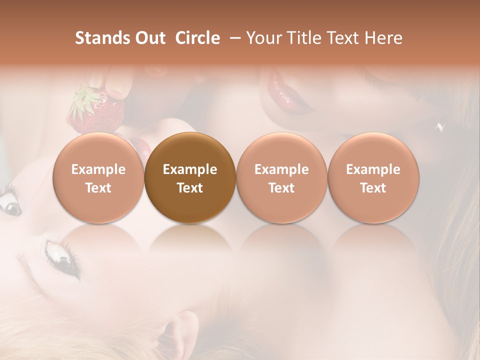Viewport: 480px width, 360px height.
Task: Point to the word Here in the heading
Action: [x=384, y=38]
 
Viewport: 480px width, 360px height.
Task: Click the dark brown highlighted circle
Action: [x=190, y=178]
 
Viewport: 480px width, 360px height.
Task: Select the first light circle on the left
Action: [x=98, y=178]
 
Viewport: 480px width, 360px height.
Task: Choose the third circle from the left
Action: [x=281, y=178]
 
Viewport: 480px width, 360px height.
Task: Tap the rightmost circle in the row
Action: [x=373, y=178]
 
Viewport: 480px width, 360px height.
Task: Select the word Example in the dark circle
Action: [x=190, y=169]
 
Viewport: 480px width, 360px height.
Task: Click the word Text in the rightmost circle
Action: [x=373, y=188]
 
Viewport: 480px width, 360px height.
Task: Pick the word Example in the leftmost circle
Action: [x=98, y=169]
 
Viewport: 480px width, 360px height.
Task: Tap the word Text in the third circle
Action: [x=281, y=188]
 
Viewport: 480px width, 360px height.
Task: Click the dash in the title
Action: [x=233, y=38]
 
